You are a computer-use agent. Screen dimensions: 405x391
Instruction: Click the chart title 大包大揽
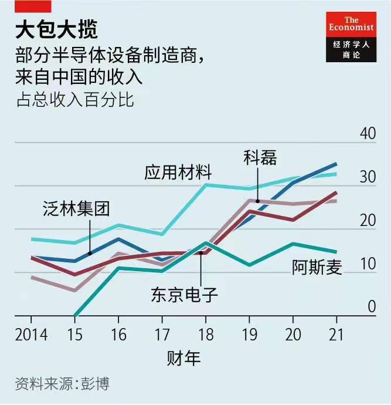[56, 29]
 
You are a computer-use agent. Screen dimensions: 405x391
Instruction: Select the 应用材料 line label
[178, 173]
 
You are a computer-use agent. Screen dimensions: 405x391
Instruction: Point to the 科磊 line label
[260, 157]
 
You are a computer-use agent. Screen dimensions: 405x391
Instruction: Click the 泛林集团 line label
[76, 208]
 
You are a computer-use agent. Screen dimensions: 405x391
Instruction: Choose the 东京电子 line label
[185, 293]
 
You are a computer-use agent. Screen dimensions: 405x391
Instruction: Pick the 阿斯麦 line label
[317, 267]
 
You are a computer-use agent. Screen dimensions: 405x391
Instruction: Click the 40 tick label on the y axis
[368, 133]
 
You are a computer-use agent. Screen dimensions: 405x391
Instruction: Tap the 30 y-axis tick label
[368, 177]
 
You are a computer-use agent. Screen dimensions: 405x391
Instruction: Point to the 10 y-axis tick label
[368, 264]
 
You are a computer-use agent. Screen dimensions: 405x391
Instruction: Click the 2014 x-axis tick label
[32, 335]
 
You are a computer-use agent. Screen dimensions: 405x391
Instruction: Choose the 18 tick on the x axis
[206, 335]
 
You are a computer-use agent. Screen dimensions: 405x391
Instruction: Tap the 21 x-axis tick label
[336, 335]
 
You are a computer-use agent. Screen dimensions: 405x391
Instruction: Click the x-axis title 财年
[183, 357]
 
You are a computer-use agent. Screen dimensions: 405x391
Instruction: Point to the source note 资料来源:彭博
[62, 384]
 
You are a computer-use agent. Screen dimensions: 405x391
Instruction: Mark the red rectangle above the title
[33, 6]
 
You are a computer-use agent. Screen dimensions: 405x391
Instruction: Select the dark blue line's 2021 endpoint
[336, 163]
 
